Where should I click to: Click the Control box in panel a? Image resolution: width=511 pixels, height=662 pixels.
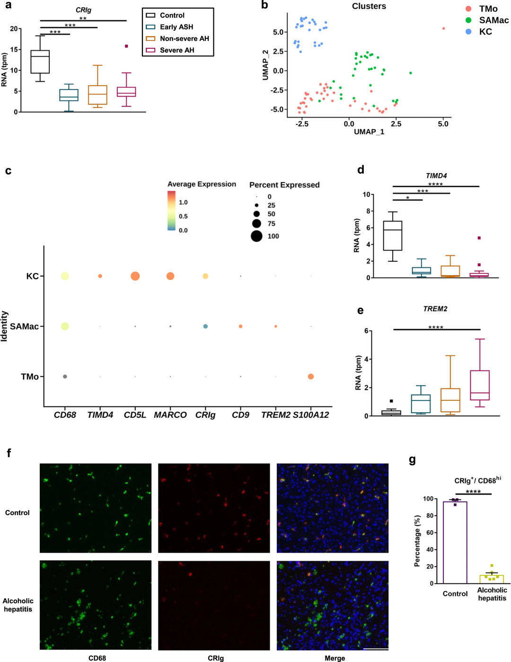[x=40, y=62]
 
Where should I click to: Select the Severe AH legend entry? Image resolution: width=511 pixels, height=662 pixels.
[x=177, y=50]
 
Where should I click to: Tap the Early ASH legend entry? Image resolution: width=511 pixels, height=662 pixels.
[x=176, y=27]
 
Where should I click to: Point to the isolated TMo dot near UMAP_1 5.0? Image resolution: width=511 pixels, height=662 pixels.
[x=443, y=28]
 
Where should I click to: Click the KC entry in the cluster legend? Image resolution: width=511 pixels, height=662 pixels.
[x=485, y=32]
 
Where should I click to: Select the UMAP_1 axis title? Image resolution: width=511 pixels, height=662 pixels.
[x=369, y=132]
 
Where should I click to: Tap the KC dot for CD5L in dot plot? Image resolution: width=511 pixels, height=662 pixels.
[x=135, y=276]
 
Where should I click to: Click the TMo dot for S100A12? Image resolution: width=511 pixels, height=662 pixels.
[x=311, y=377]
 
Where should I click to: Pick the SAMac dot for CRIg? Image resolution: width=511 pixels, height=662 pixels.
[x=205, y=327]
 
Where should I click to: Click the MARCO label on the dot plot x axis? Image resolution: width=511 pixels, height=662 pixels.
[x=170, y=415]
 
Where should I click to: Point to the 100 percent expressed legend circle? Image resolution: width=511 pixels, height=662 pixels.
[x=256, y=236]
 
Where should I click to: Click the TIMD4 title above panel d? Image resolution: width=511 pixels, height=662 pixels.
[x=436, y=176]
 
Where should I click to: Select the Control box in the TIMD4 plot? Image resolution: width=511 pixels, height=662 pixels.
[x=393, y=235]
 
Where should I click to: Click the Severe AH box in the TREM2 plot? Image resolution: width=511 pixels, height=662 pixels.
[x=480, y=385]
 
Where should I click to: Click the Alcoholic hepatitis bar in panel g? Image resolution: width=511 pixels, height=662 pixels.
[x=492, y=579]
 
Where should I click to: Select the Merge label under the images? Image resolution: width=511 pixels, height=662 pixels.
[x=335, y=658]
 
